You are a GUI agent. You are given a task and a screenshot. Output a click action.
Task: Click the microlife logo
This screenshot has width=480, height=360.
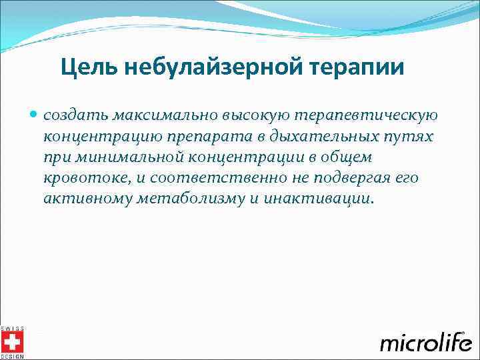tap(425, 342)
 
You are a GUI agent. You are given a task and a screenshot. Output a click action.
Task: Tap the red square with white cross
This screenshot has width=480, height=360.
tap(12, 343)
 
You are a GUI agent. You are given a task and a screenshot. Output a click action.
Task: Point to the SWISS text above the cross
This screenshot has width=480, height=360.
tap(12, 328)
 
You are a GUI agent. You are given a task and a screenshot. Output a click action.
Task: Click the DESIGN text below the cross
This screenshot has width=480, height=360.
tap(12, 357)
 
